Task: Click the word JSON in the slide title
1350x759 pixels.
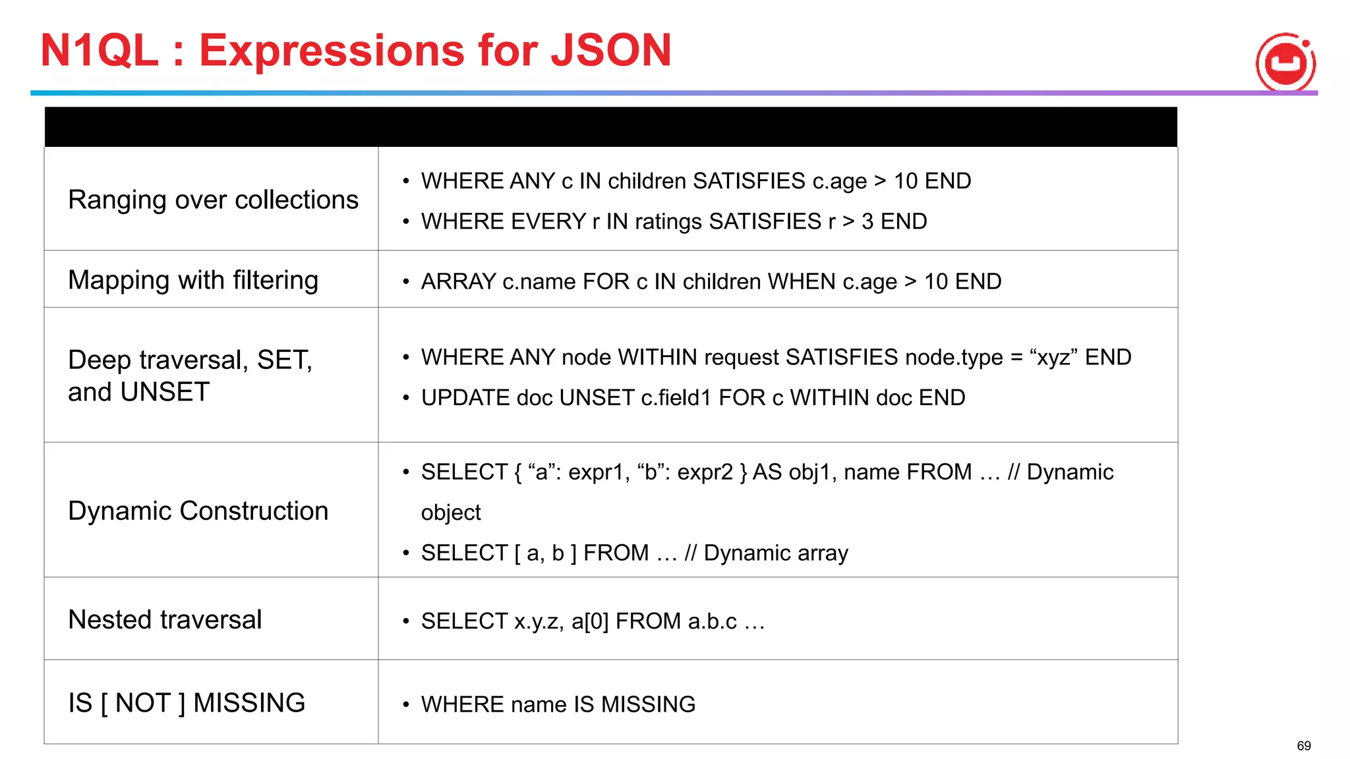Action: coord(611,50)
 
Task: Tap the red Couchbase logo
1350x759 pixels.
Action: coord(1285,63)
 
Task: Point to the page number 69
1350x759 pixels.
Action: coord(1303,746)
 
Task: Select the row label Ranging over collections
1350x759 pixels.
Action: coord(213,200)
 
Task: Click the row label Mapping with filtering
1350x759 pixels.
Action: coord(193,280)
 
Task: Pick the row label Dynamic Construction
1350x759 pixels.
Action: coord(198,511)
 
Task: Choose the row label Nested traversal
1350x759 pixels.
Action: coord(165,619)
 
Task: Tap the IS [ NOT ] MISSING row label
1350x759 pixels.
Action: coord(187,702)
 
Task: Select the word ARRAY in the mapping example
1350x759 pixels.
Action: coord(458,281)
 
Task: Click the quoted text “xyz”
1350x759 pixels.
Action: coord(1053,357)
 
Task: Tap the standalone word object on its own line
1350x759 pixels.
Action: coord(451,513)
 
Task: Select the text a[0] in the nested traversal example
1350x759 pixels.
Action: coord(589,621)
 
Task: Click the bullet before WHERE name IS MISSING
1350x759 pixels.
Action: coord(406,704)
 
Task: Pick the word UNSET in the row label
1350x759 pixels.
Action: coord(165,392)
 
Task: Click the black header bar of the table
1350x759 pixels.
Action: coord(610,127)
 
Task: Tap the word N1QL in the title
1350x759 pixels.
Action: coord(99,50)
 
